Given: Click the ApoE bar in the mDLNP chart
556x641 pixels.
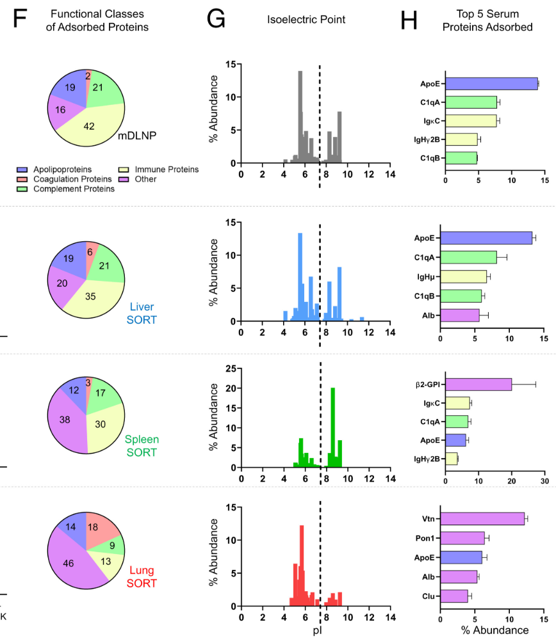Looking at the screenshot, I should pos(491,84).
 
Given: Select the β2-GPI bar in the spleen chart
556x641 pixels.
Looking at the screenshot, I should pos(478,384).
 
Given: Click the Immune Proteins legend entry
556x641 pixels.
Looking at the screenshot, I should pos(163,170).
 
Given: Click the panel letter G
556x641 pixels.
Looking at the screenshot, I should pos(216,22).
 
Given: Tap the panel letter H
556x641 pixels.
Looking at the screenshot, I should pos(409,22).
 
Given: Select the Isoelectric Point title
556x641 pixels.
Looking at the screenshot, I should pos(306,20).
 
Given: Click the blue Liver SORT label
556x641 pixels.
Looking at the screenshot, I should pos(142,313).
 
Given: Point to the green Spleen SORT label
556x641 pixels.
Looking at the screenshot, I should pos(142,446).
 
